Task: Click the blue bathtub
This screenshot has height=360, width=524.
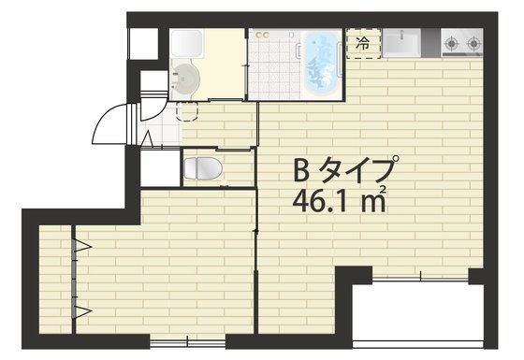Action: pyautogui.click(x=324, y=63)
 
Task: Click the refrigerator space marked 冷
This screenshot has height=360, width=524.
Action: pyautogui.click(x=362, y=41)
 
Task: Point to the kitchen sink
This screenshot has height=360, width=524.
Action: pyautogui.click(x=405, y=42)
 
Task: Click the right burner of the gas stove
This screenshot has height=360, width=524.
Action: pyautogui.click(x=475, y=42)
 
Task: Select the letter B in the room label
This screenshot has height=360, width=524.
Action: pyautogui.click(x=301, y=172)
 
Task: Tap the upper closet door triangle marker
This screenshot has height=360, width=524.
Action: pyautogui.click(x=82, y=246)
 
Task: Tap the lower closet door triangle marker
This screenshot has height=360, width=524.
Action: pyautogui.click(x=82, y=311)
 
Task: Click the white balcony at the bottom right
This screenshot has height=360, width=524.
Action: pyautogui.click(x=417, y=313)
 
